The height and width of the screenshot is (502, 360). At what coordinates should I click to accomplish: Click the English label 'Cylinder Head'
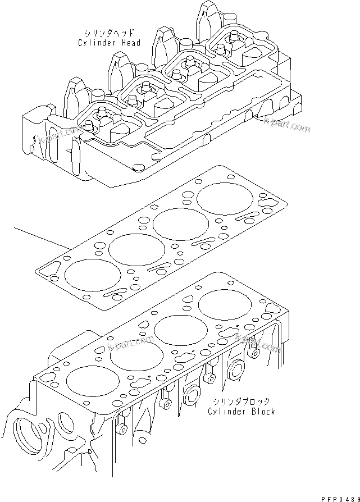[108, 43]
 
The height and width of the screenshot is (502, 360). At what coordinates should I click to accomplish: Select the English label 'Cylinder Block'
[241, 412]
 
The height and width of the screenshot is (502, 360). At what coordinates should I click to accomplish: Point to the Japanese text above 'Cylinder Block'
[241, 401]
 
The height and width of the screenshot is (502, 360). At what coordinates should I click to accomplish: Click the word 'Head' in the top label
[129, 43]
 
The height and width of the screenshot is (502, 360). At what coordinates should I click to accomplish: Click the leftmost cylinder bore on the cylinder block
[93, 381]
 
